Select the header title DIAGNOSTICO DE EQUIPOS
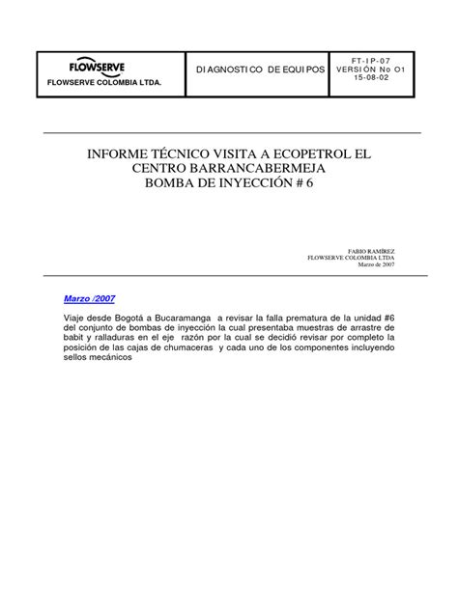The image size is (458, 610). tap(260, 70)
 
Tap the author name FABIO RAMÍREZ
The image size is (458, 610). tap(368, 250)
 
